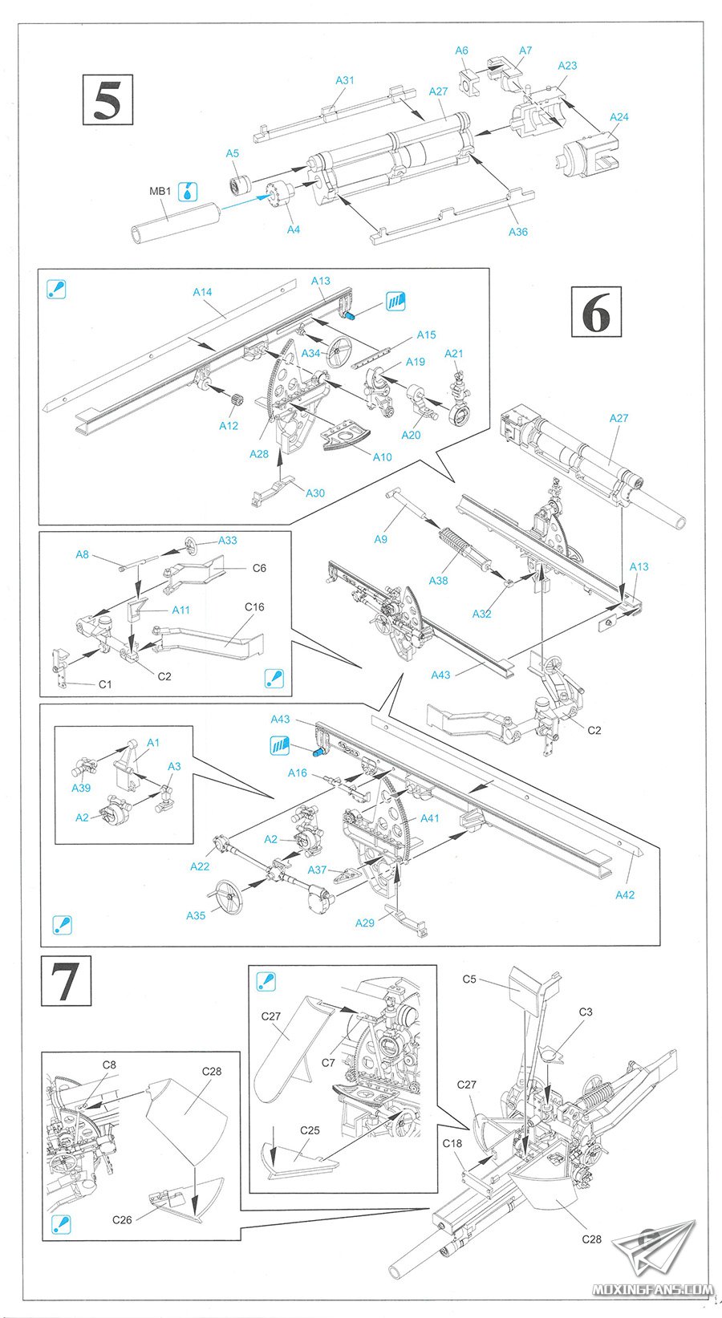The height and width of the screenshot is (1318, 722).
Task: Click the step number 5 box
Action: pyautogui.click(x=107, y=99)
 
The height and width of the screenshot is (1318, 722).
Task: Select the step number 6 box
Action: pyautogui.click(x=596, y=312)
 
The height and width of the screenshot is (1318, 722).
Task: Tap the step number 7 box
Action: pyautogui.click(x=66, y=980)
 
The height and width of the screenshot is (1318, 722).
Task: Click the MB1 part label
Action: pyautogui.click(x=160, y=192)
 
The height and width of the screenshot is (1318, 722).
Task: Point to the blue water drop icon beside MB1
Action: pyautogui.click(x=187, y=191)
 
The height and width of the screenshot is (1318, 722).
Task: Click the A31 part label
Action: pyautogui.click(x=344, y=80)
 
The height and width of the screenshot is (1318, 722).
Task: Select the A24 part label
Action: pyautogui.click(x=619, y=117)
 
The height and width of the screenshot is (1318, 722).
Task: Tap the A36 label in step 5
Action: pyautogui.click(x=518, y=232)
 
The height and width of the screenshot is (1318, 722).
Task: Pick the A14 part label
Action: pyautogui.click(x=202, y=292)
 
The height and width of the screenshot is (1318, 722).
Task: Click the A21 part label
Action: pyautogui.click(x=454, y=353)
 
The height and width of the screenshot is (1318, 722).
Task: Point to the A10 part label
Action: pyautogui.click(x=383, y=456)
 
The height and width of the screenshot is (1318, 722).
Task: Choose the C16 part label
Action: pyautogui.click(x=254, y=606)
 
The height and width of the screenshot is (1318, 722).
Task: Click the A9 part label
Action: pyautogui.click(x=381, y=539)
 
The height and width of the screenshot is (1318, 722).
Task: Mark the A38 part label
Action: pyautogui.click(x=438, y=580)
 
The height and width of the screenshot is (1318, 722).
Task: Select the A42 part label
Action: pyautogui.click(x=624, y=894)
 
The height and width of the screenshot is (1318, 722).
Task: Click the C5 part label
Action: pyautogui.click(x=469, y=979)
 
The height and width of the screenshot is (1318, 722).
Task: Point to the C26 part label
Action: pyautogui.click(x=122, y=1219)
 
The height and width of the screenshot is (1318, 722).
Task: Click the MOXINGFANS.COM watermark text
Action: pyautogui.click(x=651, y=1290)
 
